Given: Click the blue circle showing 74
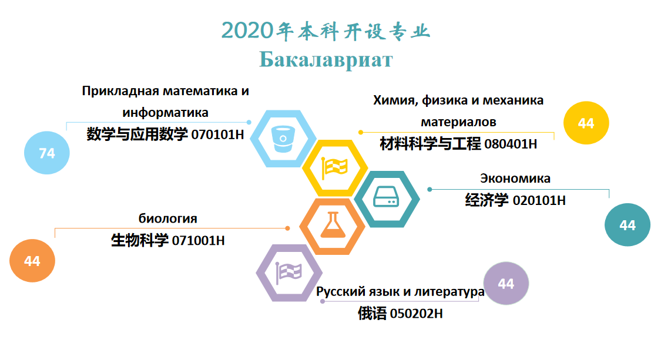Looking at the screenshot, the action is [x=47, y=153].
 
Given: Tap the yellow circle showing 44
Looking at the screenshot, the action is [x=586, y=123].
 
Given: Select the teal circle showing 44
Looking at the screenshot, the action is [x=628, y=225].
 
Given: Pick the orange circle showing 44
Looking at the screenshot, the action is [x=32, y=261].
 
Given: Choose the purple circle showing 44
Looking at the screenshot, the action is [x=506, y=283].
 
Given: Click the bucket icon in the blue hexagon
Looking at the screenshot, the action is [x=283, y=139].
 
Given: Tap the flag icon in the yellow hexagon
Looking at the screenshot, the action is [x=334, y=168].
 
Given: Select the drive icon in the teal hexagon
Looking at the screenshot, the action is [x=386, y=197].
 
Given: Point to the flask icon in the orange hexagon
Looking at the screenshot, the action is [x=333, y=225].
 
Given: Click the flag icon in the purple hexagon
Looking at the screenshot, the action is [x=288, y=272].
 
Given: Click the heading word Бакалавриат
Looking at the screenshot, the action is [x=326, y=59].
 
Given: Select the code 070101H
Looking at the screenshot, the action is [x=217, y=134].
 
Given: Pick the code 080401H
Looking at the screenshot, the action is [x=511, y=144].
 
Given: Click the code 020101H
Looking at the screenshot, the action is [x=539, y=200].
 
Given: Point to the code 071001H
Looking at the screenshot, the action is [x=198, y=241].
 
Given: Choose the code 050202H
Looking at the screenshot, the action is [x=416, y=314].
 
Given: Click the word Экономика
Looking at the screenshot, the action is [x=515, y=179].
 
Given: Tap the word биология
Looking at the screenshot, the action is [x=168, y=218].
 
